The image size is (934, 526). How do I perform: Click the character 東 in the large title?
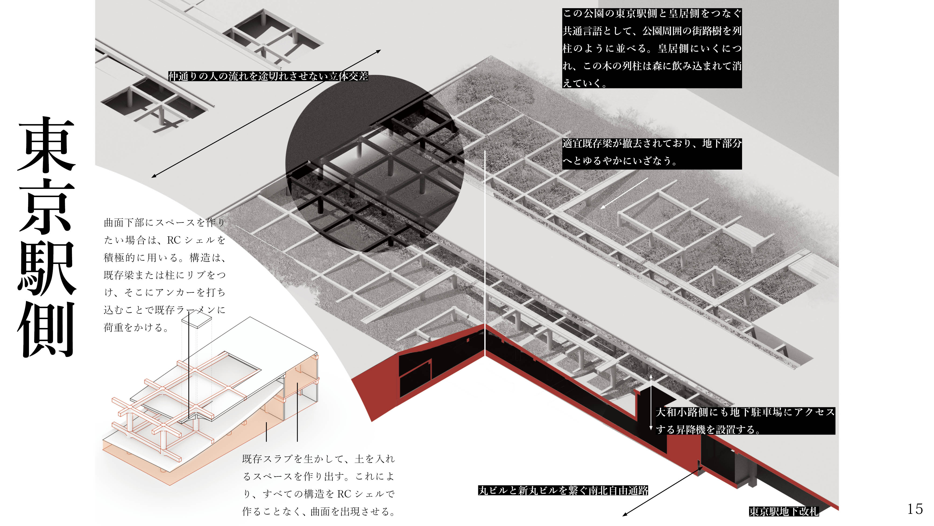(x=46, y=145)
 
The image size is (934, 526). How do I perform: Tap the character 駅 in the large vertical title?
(x=46, y=267)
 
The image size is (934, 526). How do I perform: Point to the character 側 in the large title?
(x=46, y=328)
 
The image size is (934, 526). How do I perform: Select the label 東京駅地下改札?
(x=784, y=511)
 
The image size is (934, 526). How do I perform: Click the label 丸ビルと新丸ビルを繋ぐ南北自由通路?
(x=563, y=490)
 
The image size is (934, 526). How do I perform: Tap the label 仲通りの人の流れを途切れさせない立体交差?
(x=268, y=76)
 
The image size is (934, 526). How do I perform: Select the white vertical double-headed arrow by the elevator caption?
(x=651, y=403)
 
